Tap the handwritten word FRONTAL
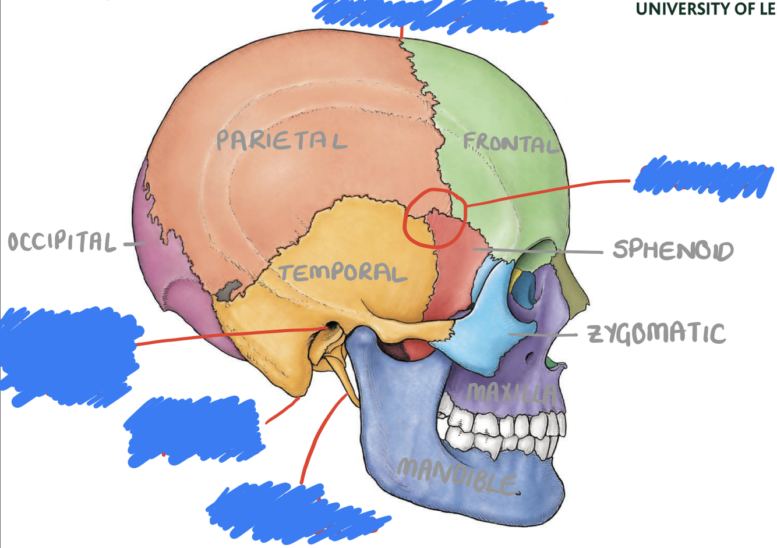[510, 143]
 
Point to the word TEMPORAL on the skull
[342, 272]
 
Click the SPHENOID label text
[673, 250]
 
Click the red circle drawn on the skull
[435, 218]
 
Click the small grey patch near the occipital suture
[229, 290]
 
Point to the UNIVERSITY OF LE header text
[705, 9]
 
